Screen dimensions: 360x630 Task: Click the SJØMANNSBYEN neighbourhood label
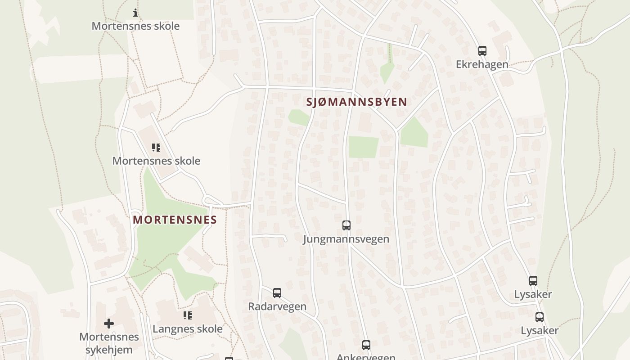pyautogui.click(x=356, y=102)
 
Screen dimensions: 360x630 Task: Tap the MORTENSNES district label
pyautogui.click(x=175, y=220)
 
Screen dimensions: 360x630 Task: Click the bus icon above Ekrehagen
pyautogui.click(x=482, y=51)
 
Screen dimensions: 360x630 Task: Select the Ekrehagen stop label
pyautogui.click(x=482, y=64)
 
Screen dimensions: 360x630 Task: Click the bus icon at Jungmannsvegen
pyautogui.click(x=346, y=225)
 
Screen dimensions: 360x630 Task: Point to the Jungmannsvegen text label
pyautogui.click(x=346, y=239)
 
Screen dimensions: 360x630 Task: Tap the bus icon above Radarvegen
pyautogui.click(x=277, y=293)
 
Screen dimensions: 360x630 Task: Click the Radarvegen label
pyautogui.click(x=277, y=306)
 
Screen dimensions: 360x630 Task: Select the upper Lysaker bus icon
pyautogui.click(x=533, y=281)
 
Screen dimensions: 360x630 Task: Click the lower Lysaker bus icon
pyautogui.click(x=540, y=317)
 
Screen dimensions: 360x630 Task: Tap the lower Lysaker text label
pyautogui.click(x=540, y=331)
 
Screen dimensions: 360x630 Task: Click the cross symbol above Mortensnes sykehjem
pyautogui.click(x=109, y=324)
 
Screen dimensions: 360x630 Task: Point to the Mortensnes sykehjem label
pyautogui.click(x=109, y=343)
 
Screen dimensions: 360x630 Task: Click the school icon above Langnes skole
pyautogui.click(x=188, y=315)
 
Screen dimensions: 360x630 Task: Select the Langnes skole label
pyautogui.click(x=188, y=329)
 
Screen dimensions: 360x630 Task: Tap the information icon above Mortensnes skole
pyautogui.click(x=135, y=13)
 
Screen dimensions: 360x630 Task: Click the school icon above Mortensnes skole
pyautogui.click(x=156, y=148)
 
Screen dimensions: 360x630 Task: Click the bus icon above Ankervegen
pyautogui.click(x=366, y=345)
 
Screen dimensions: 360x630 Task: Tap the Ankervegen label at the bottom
pyautogui.click(x=366, y=357)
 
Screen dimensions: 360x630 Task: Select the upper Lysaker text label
pyautogui.click(x=533, y=294)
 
